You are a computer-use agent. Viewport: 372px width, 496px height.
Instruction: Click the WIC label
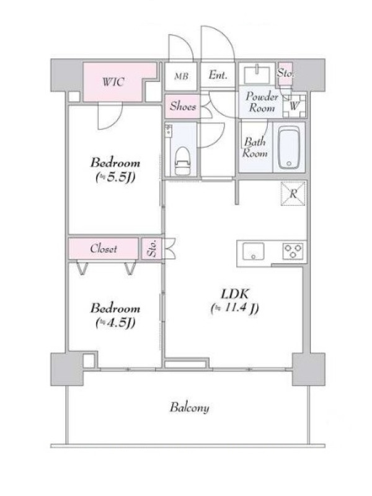coord(113,82)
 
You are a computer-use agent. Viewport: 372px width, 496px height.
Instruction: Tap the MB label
coord(181,76)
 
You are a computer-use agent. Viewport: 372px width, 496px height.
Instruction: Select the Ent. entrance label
coord(218,75)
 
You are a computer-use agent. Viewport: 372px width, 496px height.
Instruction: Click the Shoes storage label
coord(183,106)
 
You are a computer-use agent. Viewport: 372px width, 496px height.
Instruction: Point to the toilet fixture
coord(182,161)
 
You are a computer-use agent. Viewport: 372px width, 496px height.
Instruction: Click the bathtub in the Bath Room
coord(289,148)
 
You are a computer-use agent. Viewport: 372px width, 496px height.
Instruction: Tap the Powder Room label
coord(262,102)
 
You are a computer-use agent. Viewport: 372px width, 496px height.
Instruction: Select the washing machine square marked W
coord(294,106)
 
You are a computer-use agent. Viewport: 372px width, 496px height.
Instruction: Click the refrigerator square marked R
coord(293,193)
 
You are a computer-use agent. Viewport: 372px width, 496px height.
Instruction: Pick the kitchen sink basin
coord(253,251)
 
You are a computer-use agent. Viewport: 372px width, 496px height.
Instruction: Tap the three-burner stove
coord(293,251)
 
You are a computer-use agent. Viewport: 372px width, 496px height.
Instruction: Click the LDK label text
coord(235,294)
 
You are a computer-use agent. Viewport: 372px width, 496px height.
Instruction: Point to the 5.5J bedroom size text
coord(115,177)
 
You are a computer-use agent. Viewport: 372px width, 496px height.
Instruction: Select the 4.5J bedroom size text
coord(115,322)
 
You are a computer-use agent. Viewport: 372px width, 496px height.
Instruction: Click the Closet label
coord(104,249)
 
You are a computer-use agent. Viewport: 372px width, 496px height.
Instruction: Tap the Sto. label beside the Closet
coord(152,249)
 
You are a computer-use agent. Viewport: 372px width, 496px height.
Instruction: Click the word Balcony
coord(190,407)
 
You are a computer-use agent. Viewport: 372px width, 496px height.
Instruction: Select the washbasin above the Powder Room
coord(257,73)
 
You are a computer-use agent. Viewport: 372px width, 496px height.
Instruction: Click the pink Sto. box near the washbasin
coord(285,74)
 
